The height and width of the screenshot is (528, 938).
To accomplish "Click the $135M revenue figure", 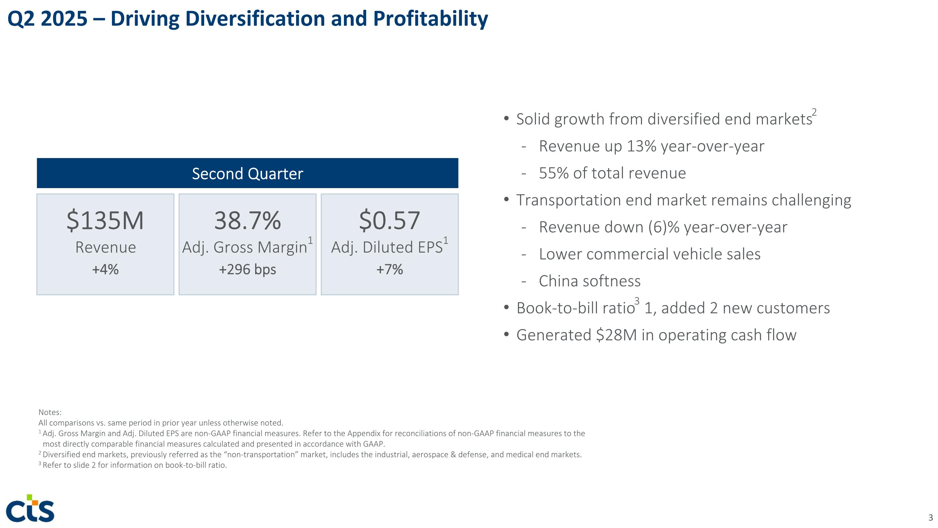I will click(105, 220).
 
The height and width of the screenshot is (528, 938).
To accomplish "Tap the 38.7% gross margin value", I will click(247, 220).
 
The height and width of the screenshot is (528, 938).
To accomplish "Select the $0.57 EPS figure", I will click(389, 220).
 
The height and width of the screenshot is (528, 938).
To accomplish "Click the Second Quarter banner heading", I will click(247, 173).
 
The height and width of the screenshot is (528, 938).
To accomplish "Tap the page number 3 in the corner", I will click(930, 518).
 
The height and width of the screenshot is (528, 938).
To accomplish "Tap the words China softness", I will click(589, 281).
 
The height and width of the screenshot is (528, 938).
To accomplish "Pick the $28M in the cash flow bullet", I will click(616, 335).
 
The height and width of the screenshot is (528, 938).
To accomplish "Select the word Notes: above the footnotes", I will click(50, 412).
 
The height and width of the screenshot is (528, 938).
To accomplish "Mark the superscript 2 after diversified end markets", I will click(814, 112).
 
